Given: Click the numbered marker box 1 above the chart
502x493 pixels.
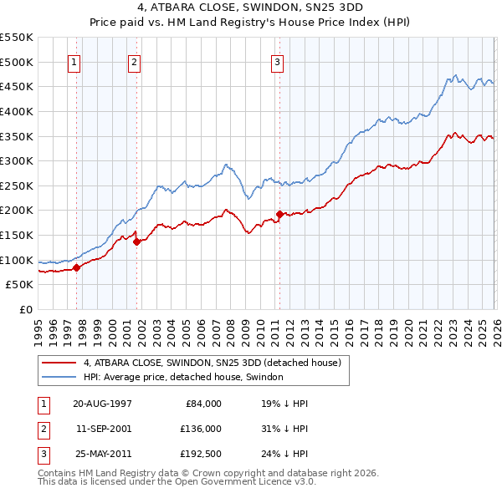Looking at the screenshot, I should (x=74, y=61).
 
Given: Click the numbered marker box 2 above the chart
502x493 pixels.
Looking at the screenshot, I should (x=134, y=61).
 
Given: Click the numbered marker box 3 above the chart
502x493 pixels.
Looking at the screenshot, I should (x=277, y=61).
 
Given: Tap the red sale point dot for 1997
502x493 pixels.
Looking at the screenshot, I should (x=76, y=267).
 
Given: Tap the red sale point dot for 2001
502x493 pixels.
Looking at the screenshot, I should (x=136, y=242).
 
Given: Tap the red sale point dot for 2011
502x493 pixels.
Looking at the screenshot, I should (x=279, y=214).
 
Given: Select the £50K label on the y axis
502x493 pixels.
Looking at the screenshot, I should (x=20, y=285).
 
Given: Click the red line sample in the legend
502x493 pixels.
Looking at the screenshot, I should (x=59, y=363).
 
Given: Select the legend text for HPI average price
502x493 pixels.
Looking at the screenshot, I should (x=183, y=378).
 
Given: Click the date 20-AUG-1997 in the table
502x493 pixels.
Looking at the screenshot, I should (x=102, y=403).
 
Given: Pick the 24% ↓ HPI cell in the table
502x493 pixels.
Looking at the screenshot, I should (x=284, y=455).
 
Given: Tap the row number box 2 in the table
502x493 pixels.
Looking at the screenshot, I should (x=42, y=429).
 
